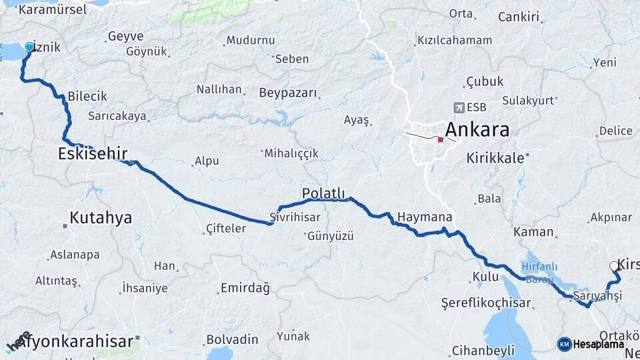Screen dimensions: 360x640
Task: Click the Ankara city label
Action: point(477,129)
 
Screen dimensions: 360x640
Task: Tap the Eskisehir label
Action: point(93,154)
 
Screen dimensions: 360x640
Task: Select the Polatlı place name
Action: point(323,193)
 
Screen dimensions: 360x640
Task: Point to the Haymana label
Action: point(425,217)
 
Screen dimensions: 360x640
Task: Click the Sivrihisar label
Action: point(295,217)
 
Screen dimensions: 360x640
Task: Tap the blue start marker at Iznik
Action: point(29,47)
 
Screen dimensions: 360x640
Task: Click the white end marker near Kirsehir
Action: point(614,266)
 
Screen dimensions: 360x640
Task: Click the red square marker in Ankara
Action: point(440,139)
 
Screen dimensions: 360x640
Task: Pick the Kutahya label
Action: point(101,218)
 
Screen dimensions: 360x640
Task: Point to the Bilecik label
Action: point(87,97)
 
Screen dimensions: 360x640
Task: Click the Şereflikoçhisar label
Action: point(486,303)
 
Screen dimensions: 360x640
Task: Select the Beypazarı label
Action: point(288,93)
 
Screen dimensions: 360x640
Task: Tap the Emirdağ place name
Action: point(245,289)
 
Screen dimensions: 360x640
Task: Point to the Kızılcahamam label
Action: point(455,41)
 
